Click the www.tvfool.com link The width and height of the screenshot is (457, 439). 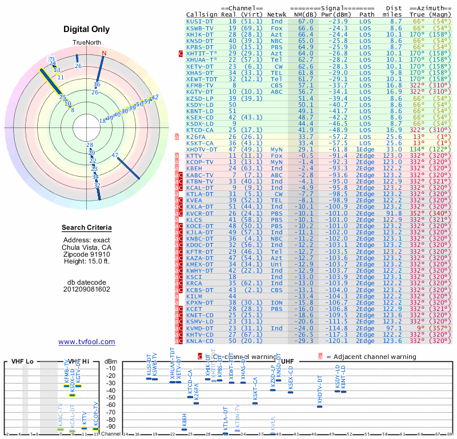tap(87, 342)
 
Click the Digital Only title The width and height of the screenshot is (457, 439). tap(87, 29)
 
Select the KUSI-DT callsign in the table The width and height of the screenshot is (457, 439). tap(200, 21)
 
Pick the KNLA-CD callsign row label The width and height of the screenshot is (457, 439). tap(200, 341)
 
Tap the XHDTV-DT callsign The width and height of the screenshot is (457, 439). tap(202, 150)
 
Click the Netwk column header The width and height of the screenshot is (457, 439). tap(276, 14)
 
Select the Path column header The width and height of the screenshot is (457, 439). tap(367, 14)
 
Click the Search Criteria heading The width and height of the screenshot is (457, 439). tap(87, 228)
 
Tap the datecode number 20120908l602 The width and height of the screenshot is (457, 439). tap(87, 289)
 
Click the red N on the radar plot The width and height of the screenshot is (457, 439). tap(104, 54)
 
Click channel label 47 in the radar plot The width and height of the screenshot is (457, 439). tap(115, 155)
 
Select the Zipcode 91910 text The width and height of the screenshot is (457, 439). tap(87, 254)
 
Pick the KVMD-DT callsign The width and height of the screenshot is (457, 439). tap(200, 328)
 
